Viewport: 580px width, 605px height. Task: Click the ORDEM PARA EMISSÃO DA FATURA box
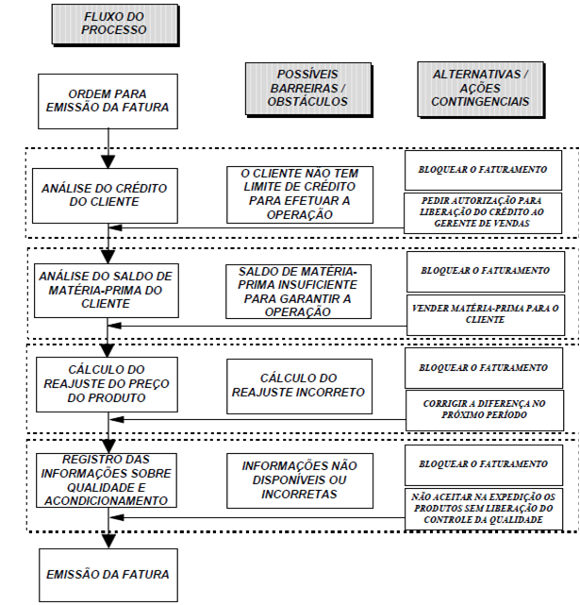pyautogui.click(x=107, y=99)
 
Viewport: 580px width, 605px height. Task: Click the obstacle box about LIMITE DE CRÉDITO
pyautogui.click(x=299, y=194)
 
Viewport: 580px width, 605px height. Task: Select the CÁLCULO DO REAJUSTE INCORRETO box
pyautogui.click(x=299, y=384)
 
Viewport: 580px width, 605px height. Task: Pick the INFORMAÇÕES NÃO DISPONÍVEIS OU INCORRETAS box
pyautogui.click(x=299, y=480)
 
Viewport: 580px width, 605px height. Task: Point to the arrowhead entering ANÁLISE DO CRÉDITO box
pyautogui.click(x=110, y=161)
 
